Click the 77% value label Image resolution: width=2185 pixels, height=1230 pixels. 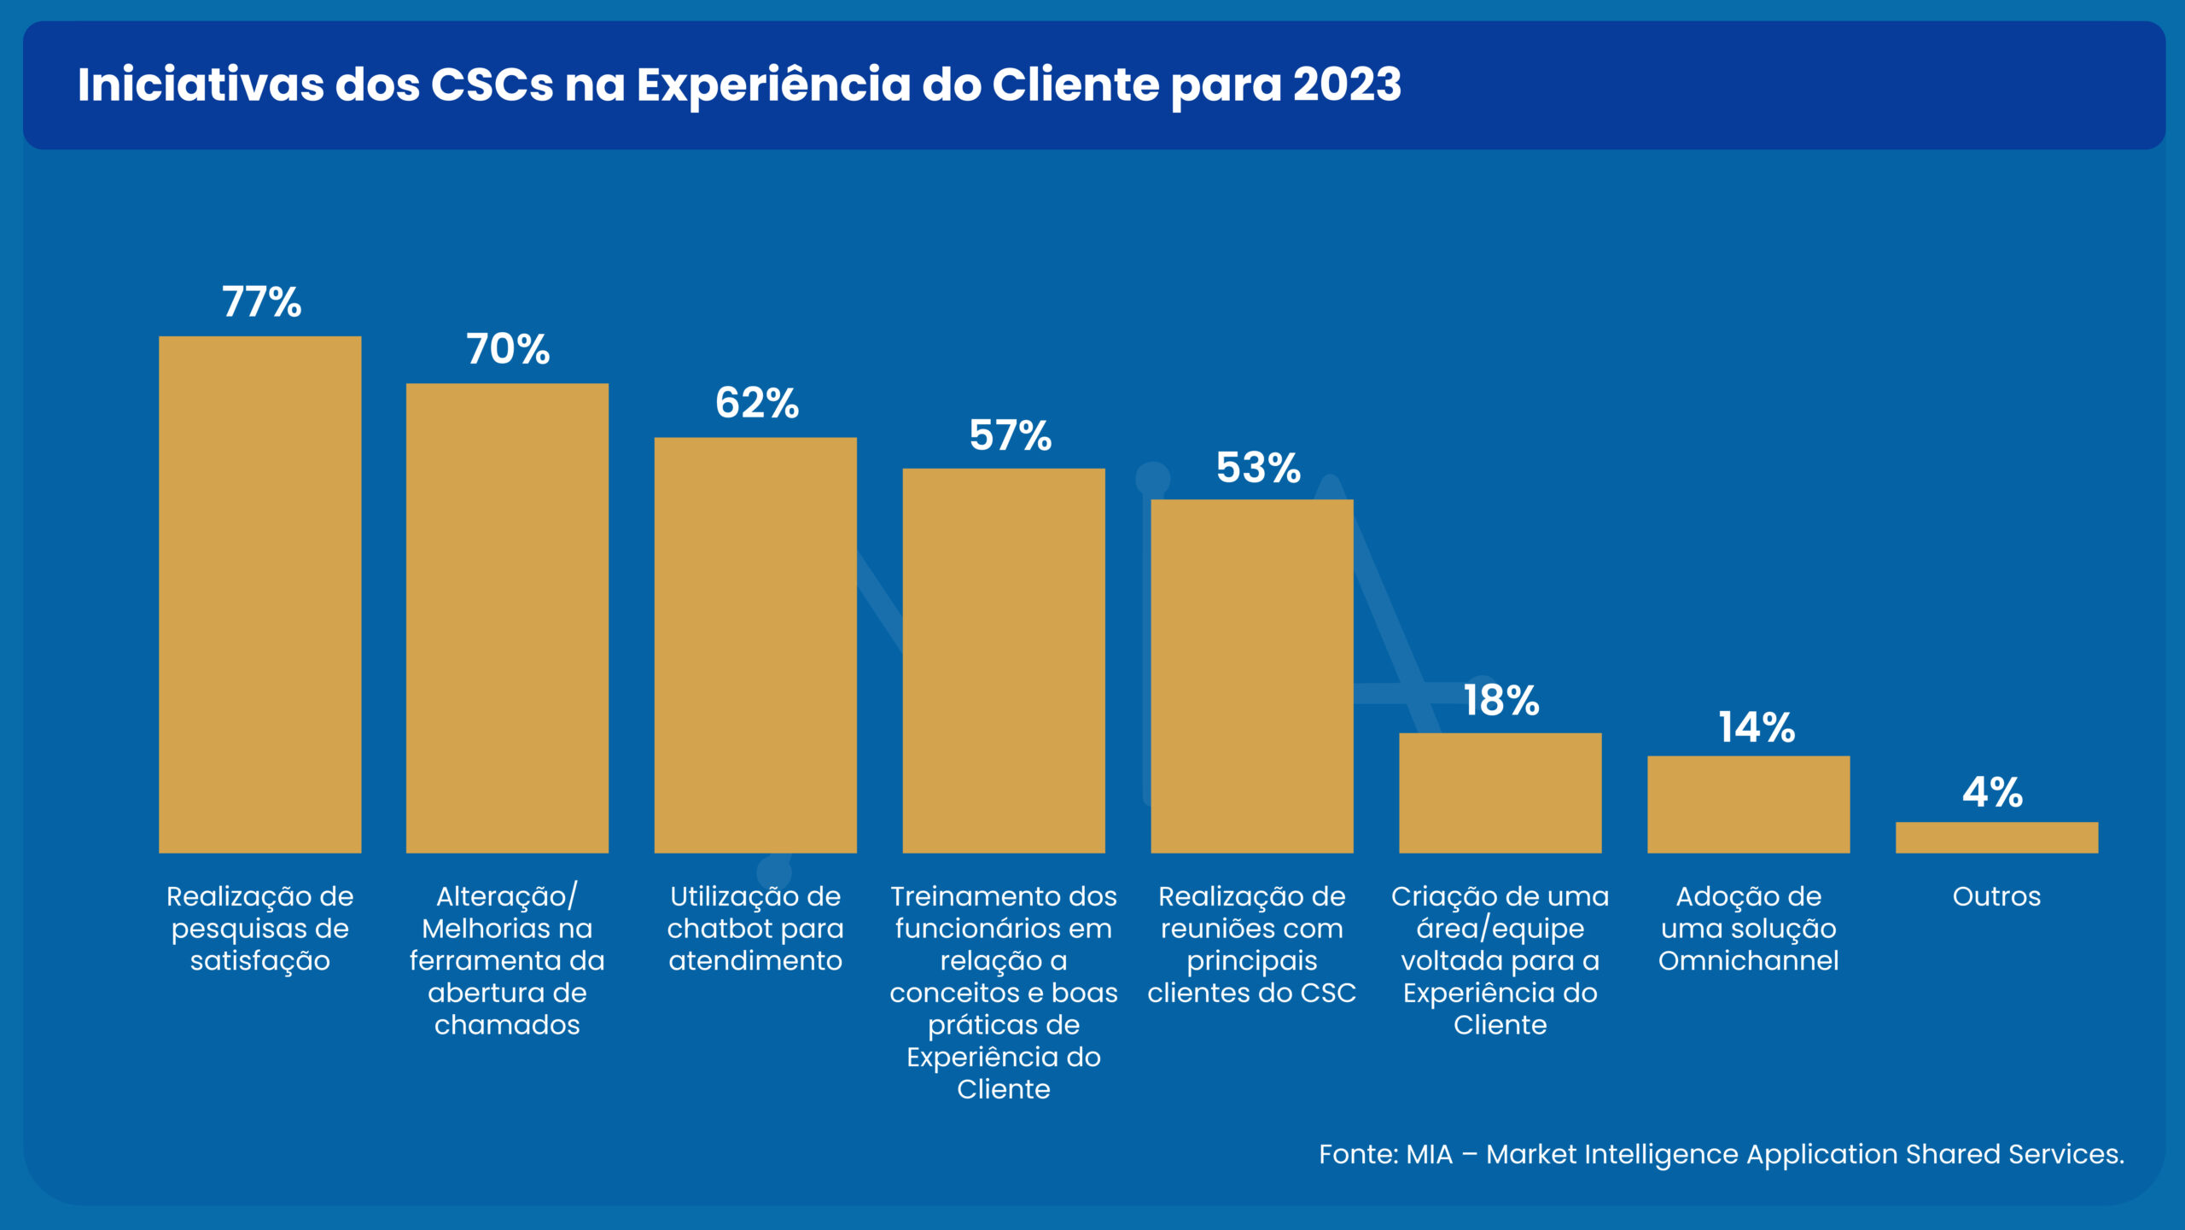(x=261, y=302)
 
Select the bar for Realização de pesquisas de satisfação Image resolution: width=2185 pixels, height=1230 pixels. (x=259, y=594)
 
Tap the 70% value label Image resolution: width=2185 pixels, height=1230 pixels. (x=508, y=349)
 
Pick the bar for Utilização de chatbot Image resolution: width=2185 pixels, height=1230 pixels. (x=755, y=644)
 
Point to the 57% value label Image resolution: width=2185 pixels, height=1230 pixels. (x=1010, y=435)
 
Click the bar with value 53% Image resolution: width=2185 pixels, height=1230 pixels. (x=1251, y=676)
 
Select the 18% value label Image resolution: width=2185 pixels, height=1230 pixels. (x=1500, y=701)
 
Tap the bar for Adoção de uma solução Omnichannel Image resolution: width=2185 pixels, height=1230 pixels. (x=1748, y=804)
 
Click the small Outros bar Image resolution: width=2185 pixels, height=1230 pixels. (x=1996, y=837)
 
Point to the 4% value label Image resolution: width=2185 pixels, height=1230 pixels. (x=1992, y=792)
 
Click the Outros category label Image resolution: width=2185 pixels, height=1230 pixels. (x=1996, y=896)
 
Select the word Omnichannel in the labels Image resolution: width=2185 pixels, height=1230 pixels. (x=1748, y=961)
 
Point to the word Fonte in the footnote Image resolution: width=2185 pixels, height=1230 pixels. (x=1356, y=1154)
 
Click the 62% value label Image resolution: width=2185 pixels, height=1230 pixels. (x=756, y=403)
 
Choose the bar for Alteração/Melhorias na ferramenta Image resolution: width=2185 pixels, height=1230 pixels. (x=507, y=618)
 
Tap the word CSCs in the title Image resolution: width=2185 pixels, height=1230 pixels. (x=492, y=85)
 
